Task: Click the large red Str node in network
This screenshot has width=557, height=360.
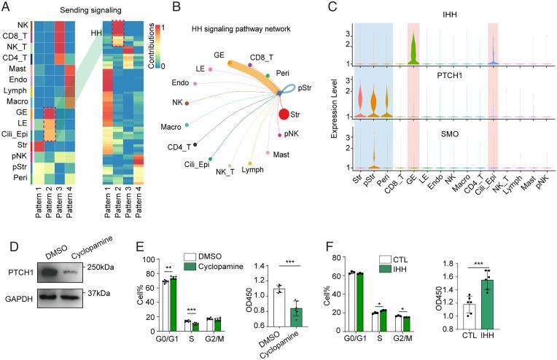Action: [284, 113]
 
